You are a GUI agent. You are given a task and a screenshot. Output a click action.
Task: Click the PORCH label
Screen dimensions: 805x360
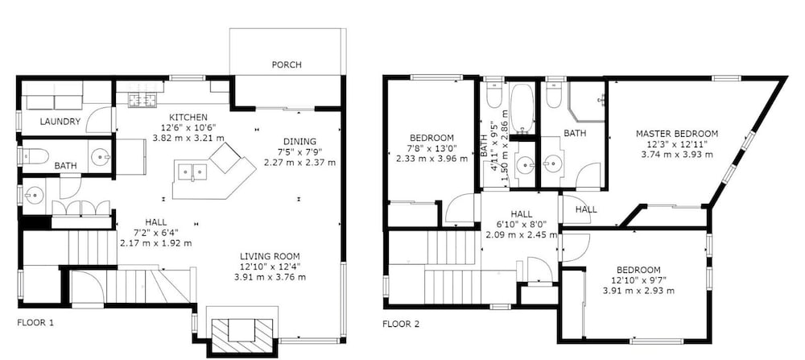(287, 64)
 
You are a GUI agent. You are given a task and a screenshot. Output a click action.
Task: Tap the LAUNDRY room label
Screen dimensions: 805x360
(60, 122)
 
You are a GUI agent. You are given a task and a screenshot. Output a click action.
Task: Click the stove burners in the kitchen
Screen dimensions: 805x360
(141, 100)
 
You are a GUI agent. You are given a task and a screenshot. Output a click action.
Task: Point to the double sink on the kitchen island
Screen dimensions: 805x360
(192, 169)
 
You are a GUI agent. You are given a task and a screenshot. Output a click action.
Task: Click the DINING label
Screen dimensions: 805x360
(299, 141)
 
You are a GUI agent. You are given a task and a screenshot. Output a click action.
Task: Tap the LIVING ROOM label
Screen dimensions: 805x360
(270, 256)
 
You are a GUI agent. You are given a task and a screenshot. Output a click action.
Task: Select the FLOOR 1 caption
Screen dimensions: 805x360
(35, 323)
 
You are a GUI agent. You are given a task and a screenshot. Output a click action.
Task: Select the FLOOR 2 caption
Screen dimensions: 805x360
(401, 324)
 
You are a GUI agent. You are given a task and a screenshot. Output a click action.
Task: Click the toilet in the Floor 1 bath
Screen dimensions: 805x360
(35, 155)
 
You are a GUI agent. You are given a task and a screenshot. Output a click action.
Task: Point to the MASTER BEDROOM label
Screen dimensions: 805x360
(677, 134)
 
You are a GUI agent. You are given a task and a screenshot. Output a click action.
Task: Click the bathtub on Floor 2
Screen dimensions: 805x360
(522, 110)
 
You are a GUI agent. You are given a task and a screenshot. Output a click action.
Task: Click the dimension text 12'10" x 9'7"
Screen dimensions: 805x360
(638, 280)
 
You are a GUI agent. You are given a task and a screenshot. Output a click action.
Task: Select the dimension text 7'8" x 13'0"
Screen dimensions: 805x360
(431, 148)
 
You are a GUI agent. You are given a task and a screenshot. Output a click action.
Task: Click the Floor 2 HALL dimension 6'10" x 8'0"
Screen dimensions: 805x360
(521, 225)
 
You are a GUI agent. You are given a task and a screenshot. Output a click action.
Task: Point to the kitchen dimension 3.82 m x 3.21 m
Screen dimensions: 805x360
(189, 138)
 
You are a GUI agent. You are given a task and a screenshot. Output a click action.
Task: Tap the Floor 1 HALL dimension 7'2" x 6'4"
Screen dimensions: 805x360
(155, 233)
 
